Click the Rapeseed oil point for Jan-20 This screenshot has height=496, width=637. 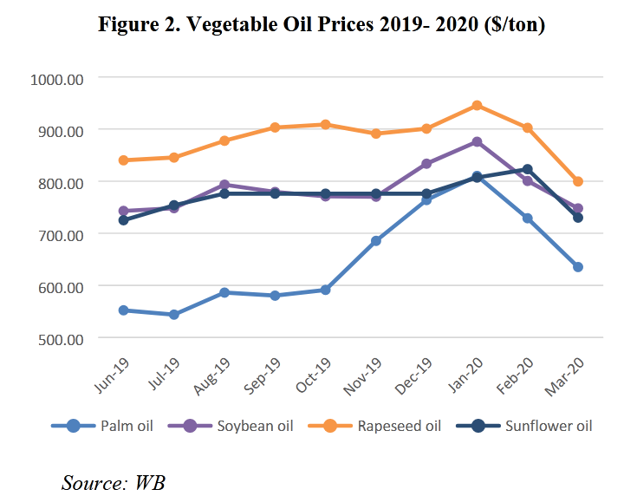point(477,106)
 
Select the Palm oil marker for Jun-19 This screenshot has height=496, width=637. point(123,310)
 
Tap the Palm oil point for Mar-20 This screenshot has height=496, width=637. point(577,266)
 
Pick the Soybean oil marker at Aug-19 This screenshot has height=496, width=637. point(224,185)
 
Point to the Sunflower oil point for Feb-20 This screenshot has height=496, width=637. point(527,169)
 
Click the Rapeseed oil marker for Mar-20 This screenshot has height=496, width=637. point(577,181)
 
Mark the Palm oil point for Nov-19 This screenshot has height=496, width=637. point(375,240)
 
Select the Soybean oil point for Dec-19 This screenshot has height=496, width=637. point(426,163)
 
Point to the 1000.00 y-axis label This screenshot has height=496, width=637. point(55,78)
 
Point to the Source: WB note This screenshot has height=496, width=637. point(113,482)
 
